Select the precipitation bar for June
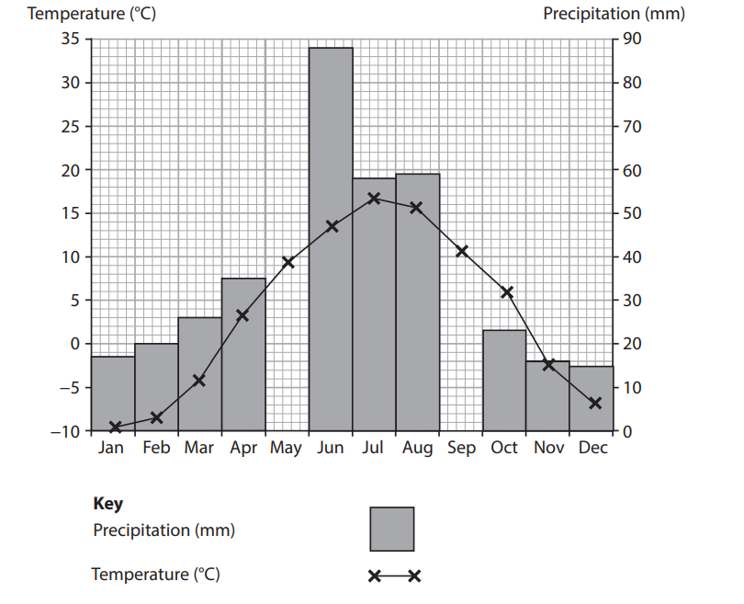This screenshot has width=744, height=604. pos(331,239)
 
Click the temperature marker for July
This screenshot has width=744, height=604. pos(374,199)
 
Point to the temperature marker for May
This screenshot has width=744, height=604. pos(287,262)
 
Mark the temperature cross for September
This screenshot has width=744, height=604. pos(462,251)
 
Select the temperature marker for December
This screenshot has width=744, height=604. pos(595,403)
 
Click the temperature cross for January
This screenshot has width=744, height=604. pos(115,427)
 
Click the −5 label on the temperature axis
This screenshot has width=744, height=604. pos(67,387)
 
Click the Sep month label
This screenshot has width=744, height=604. pos(461,449)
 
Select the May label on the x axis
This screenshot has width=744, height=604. pos(287,449)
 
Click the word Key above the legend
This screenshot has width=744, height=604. pos(107,504)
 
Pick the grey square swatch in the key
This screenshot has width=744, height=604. pos(392,529)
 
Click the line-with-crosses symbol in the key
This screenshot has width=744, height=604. pos(394,576)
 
